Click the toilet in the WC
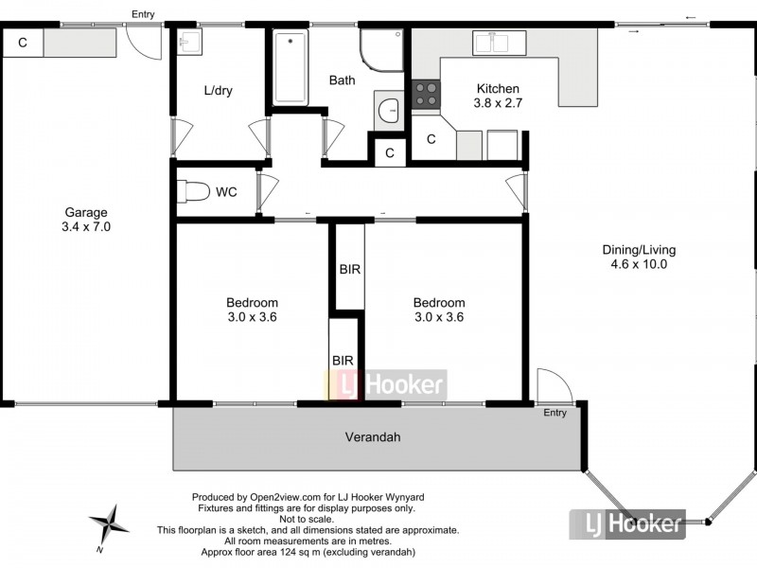(194, 192)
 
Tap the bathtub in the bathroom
(290, 66)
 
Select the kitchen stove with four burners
(426, 94)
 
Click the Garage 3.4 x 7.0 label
(85, 220)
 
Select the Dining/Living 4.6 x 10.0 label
(639, 257)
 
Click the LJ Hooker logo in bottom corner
(627, 523)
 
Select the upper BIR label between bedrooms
(349, 269)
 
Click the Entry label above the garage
(143, 14)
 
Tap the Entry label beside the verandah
(555, 413)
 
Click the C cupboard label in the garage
(22, 43)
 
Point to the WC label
(226, 192)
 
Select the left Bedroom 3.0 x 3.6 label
(252, 310)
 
